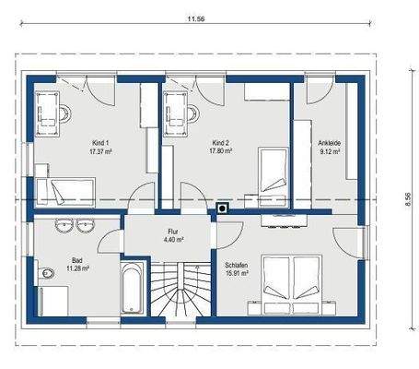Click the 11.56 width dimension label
tap(196, 18)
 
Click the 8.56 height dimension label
tap(408, 199)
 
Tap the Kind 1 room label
tap(100, 143)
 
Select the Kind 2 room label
tap(220, 143)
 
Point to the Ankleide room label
tap(329, 143)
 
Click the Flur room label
tap(173, 232)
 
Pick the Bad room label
tap(77, 260)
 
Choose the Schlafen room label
tap(237, 265)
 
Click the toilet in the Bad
tap(46, 272)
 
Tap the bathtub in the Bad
tap(132, 288)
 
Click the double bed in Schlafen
tap(291, 284)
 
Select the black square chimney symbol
tap(222, 208)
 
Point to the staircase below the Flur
tap(181, 289)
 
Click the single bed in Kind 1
tap(65, 191)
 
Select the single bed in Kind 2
tap(274, 177)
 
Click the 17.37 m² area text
tap(100, 151)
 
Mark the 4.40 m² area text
tap(174, 239)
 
